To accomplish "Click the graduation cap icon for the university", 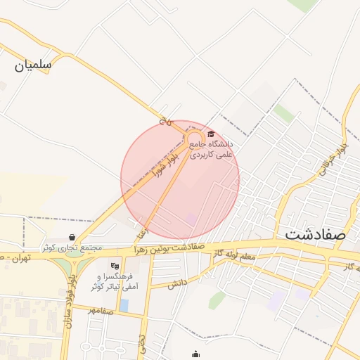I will [211, 134].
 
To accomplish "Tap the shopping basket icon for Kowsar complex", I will [72, 238].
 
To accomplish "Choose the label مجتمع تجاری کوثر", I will [72, 248].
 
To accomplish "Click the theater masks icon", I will [115, 266].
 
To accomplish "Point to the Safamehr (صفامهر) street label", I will [101, 311].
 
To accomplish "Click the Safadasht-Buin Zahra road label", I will [172, 248].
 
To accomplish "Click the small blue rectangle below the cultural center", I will [124, 306].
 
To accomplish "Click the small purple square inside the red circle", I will [191, 219].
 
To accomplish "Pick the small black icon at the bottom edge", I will [195, 354].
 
